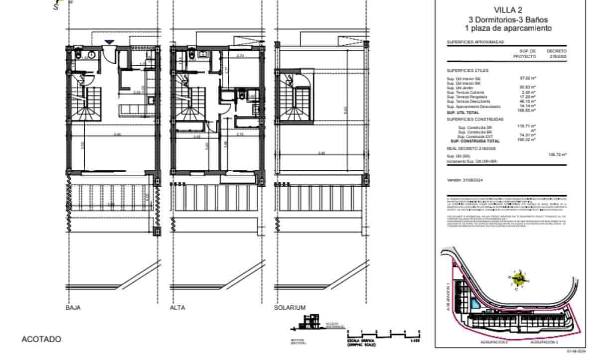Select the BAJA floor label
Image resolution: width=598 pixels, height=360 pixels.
click(73, 308)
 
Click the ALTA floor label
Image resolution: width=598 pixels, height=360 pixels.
click(177, 308)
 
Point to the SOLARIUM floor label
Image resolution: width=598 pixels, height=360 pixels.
click(290, 308)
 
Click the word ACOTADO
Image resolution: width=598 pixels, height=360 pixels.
click(41, 339)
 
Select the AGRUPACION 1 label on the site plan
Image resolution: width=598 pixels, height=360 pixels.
click(448, 298)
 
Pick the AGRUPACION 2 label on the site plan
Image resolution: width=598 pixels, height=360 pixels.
click(494, 343)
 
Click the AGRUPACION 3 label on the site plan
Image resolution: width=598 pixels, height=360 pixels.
click(544, 343)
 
